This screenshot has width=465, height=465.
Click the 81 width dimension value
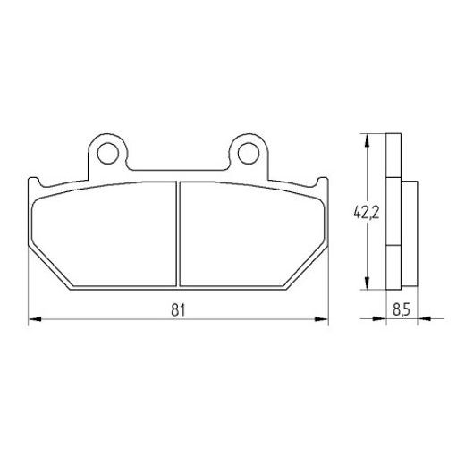click(x=178, y=309)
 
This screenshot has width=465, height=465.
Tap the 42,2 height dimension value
click(x=367, y=213)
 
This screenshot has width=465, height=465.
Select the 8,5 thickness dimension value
click(x=402, y=309)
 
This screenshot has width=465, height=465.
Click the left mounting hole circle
click(x=108, y=154)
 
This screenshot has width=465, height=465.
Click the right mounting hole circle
click(x=248, y=154)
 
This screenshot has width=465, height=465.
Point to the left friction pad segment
click(x=105, y=234)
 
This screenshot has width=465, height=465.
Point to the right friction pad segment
click(x=252, y=234)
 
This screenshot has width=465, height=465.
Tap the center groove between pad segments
click(x=178, y=234)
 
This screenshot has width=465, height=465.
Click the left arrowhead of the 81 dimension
click(x=35, y=319)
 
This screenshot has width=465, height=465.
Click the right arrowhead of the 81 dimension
click(x=321, y=319)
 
